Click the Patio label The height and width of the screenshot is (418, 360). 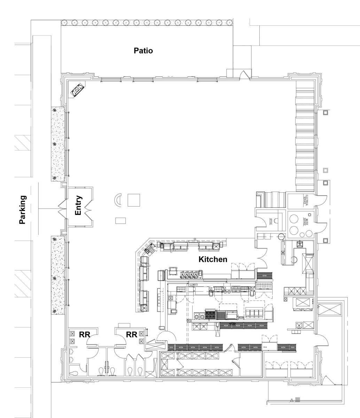point(143,51)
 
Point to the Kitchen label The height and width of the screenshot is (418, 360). point(213,259)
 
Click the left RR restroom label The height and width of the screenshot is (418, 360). point(85,335)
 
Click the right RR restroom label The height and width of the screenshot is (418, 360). point(131,335)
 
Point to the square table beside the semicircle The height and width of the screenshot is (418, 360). point(134,200)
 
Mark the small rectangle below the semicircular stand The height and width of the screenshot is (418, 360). point(120,220)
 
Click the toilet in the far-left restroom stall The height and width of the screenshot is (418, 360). point(75,373)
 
